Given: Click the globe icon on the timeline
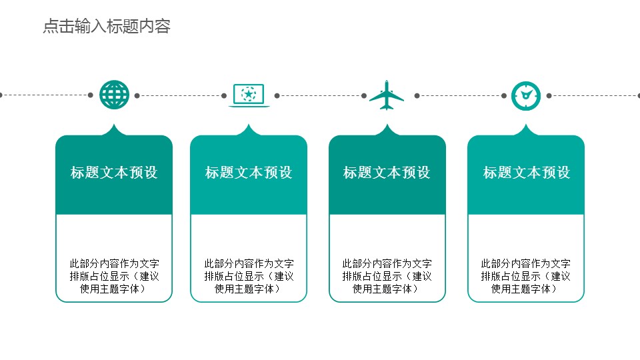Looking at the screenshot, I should (x=114, y=95).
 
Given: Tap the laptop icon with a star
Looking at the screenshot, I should (x=249, y=95).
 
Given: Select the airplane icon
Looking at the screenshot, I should (x=387, y=95).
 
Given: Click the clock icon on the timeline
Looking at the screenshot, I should (x=525, y=95).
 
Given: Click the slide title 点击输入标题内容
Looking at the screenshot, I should (x=107, y=27).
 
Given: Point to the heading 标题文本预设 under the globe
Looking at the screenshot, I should (x=114, y=173).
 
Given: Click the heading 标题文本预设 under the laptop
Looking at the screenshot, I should (x=249, y=173).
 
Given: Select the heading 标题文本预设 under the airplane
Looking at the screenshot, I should (x=387, y=173).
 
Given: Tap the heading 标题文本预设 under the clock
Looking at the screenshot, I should (x=527, y=173).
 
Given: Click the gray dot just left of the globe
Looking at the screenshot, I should (x=91, y=95).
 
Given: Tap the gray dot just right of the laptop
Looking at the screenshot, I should (x=277, y=95).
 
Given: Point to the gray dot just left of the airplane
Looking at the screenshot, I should (x=363, y=95).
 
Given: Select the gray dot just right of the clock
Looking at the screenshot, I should (x=549, y=95).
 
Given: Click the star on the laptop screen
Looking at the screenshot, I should (x=249, y=94).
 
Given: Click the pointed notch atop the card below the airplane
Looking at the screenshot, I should (x=387, y=128).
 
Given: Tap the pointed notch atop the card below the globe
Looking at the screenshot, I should (x=114, y=128).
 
